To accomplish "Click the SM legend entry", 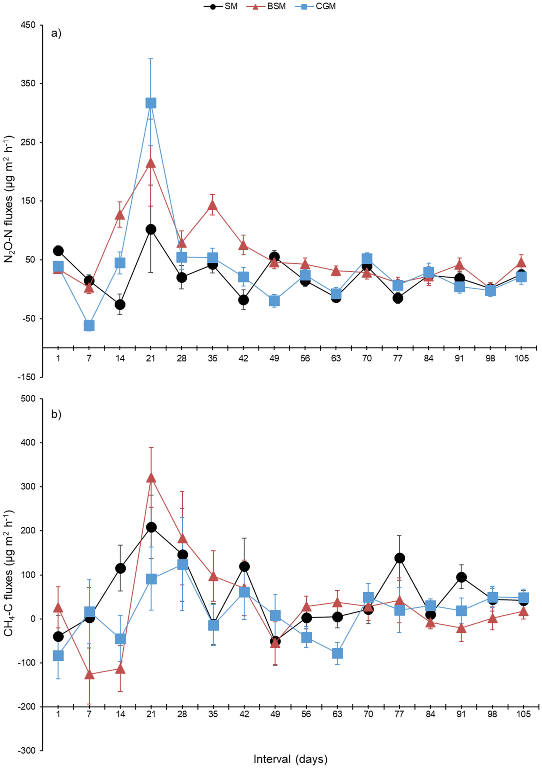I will tap(221, 6).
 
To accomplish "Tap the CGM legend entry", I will tap(318, 6).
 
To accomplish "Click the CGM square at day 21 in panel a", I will tap(151, 103).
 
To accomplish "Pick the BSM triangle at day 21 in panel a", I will tap(151, 163).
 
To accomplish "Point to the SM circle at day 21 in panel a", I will tap(151, 229).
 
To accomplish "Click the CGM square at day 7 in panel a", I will tap(89, 325).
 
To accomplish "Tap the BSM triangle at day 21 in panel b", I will tap(151, 478).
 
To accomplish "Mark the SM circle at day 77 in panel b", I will tap(399, 558).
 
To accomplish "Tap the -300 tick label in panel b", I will tap(27, 751).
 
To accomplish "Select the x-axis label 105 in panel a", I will tap(521, 358).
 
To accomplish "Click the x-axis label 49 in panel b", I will tap(275, 714).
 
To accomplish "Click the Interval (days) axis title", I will tap(290, 759).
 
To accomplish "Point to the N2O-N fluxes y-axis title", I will tap(9, 199).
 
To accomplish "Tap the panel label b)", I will tap(56, 414).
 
